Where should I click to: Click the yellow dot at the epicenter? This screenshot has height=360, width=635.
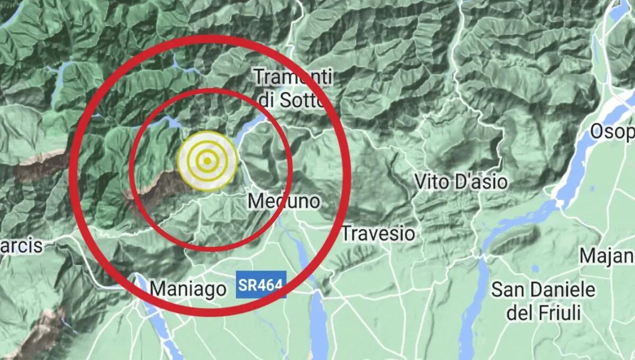(207, 160)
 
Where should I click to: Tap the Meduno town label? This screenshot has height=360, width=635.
(284, 201)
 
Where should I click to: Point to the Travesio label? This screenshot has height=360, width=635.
(378, 233)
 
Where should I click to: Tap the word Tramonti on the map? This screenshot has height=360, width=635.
(293, 77)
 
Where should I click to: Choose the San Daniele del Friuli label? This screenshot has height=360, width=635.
(543, 301)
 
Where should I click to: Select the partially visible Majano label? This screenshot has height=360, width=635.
(607, 256)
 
